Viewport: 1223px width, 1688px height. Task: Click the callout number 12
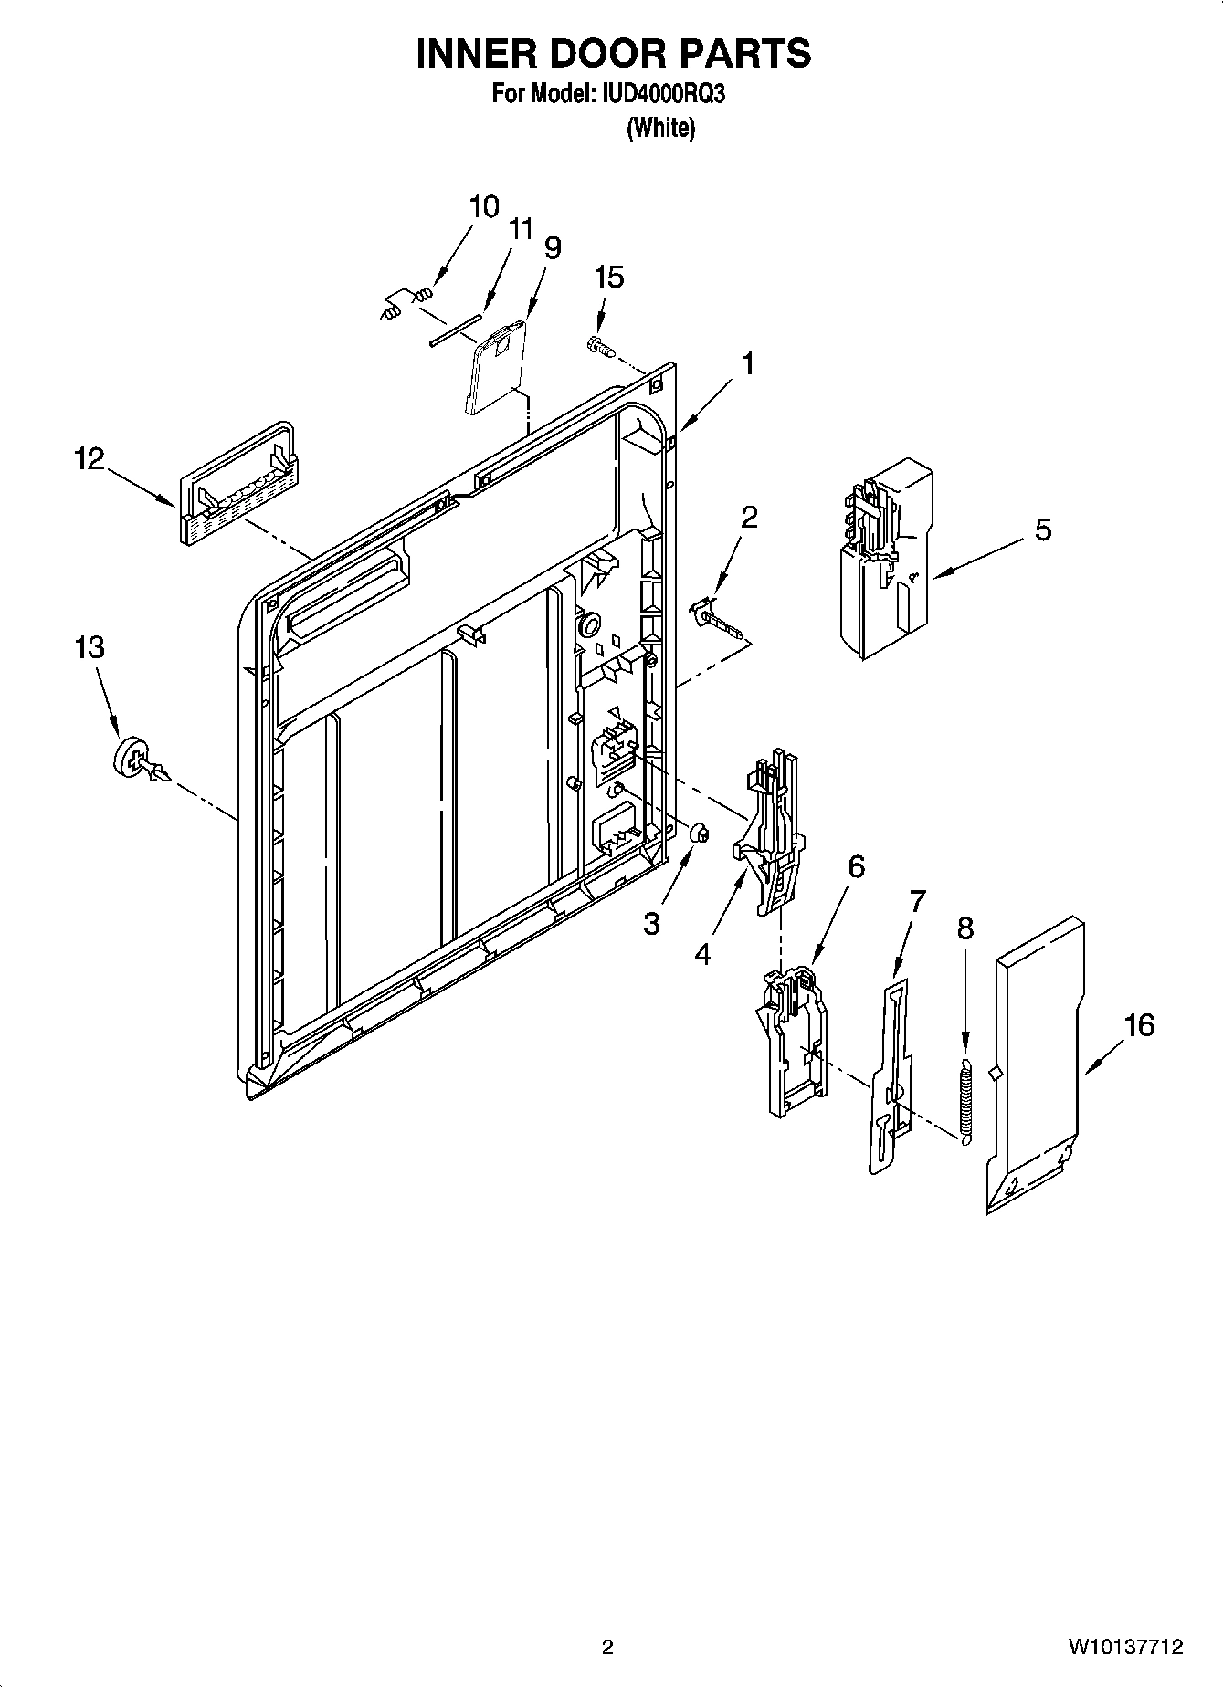coord(89,458)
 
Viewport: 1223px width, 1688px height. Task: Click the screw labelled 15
coord(598,345)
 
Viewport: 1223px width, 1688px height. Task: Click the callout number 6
coord(855,866)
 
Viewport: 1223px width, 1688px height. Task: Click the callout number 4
coord(701,954)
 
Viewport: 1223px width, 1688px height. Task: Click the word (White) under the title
coord(660,129)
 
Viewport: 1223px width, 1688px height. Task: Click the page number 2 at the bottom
coord(607,1648)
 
